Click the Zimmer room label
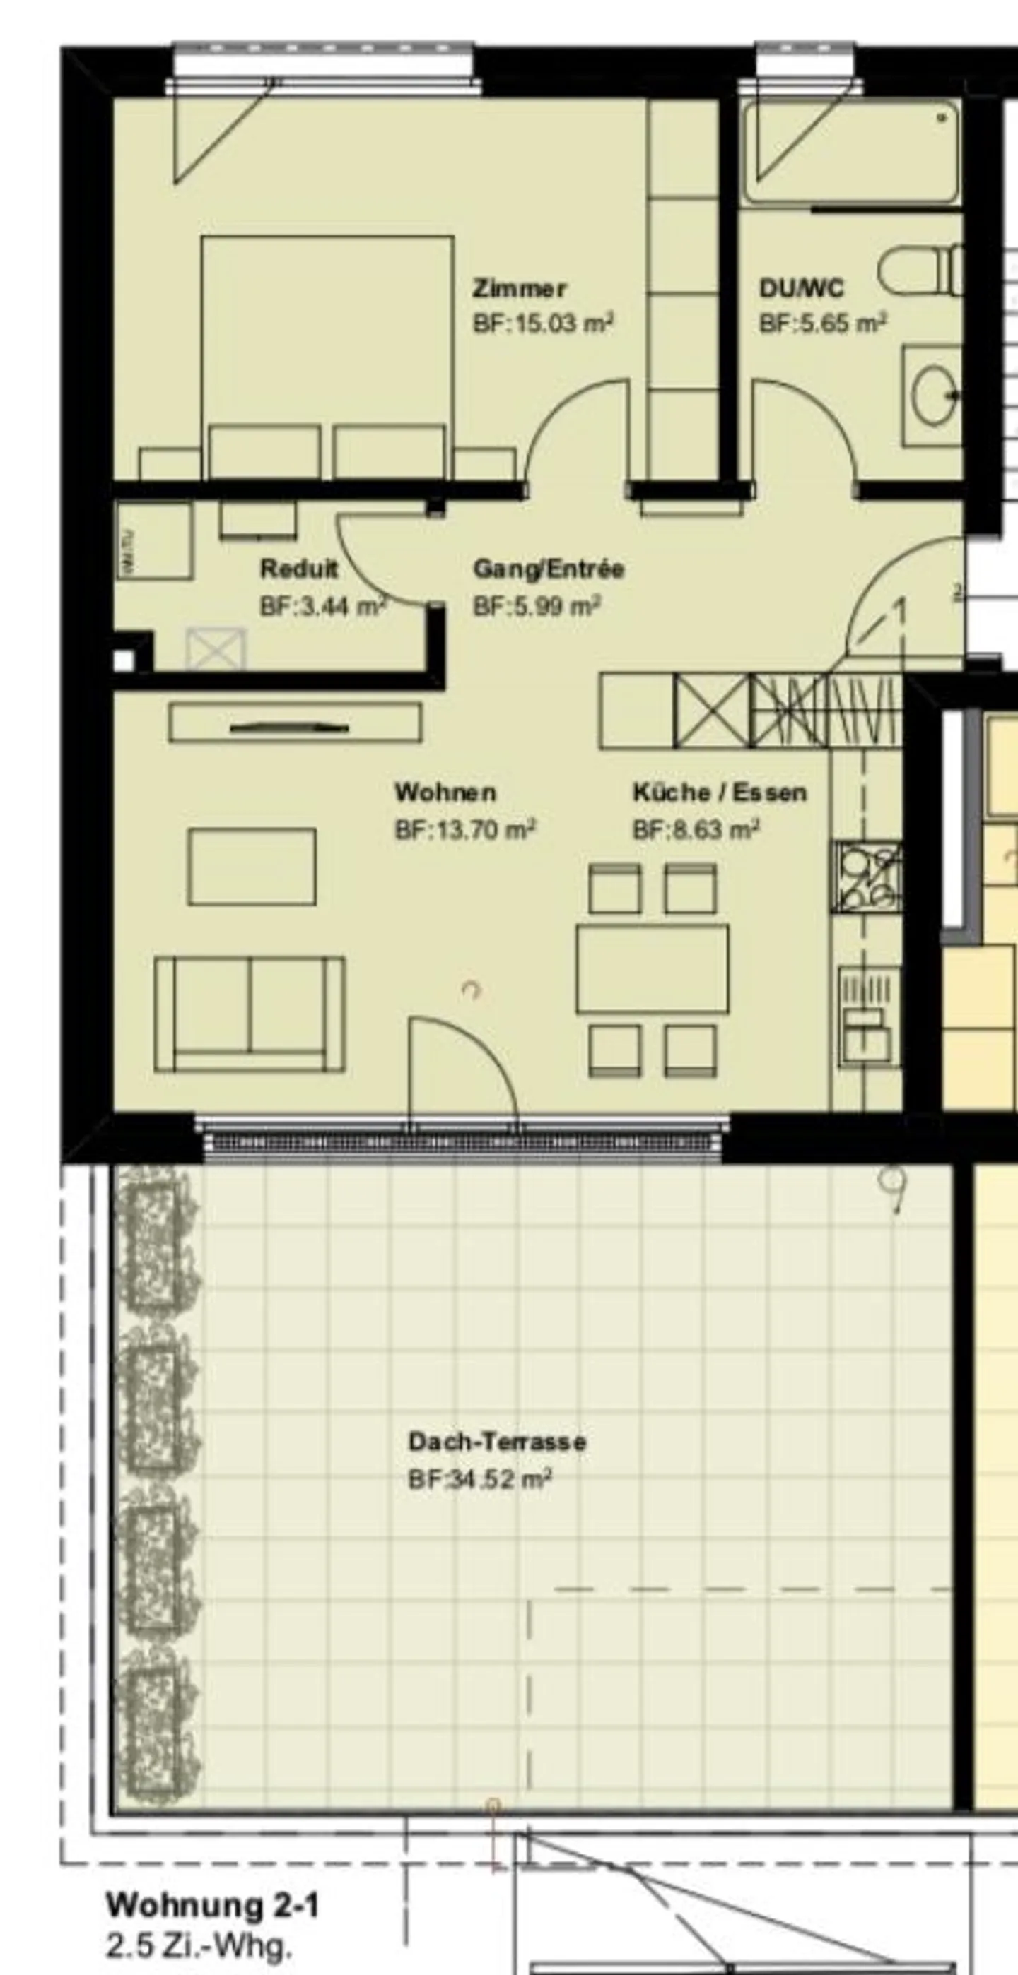520,289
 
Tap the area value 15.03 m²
542,324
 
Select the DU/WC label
801,288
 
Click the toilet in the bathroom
919,270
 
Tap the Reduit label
298,569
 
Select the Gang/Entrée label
549,569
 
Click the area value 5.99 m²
537,607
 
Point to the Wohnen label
445,792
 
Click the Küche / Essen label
720,792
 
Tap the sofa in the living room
250,1014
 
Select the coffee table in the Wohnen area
252,867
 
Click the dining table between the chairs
653,968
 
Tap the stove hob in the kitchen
867,877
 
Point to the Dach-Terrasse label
497,1442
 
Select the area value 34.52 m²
480,1479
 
